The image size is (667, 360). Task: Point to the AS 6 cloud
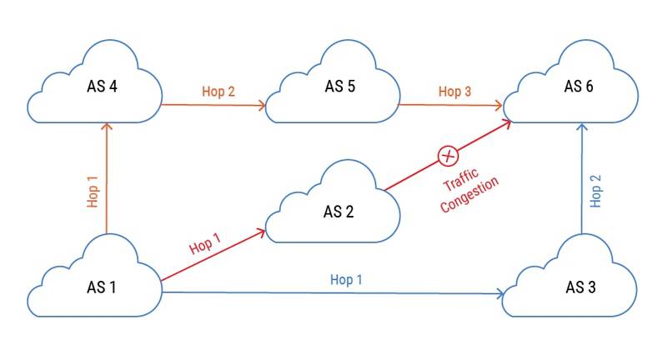579,87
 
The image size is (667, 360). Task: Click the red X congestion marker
449,155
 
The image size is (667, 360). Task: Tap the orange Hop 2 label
218,91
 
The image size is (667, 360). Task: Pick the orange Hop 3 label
455,91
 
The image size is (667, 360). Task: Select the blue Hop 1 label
347,280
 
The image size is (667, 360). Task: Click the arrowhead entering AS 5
262,106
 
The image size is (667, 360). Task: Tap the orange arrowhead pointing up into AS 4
106,127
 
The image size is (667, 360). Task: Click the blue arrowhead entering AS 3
500,293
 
